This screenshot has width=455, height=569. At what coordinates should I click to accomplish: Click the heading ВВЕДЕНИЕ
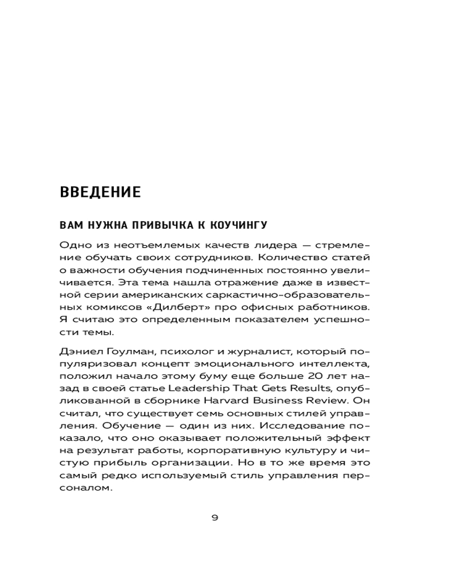coord(100,192)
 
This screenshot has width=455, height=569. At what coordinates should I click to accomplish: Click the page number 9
coord(214,517)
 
